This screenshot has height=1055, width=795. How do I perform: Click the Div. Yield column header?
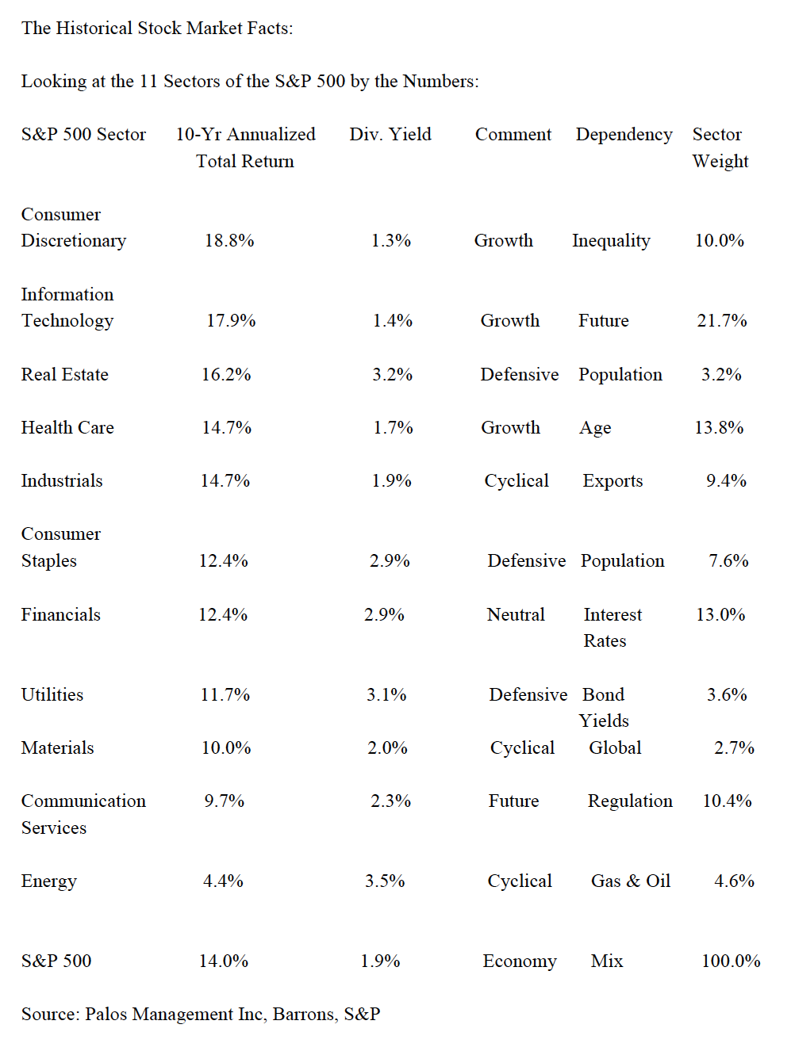tap(390, 135)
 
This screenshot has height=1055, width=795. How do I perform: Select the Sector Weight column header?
tap(720, 147)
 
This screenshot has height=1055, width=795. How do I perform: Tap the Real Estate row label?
tap(64, 375)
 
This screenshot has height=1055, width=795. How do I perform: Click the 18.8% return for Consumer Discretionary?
tap(229, 241)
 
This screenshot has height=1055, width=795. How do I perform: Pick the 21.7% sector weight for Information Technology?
tap(722, 321)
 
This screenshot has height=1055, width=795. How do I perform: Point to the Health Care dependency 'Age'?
tap(595, 428)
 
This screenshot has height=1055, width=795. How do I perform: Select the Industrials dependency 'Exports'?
tap(613, 481)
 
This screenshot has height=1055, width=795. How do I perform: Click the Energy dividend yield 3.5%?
tap(385, 881)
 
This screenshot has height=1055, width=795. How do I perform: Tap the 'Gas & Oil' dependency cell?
tap(631, 881)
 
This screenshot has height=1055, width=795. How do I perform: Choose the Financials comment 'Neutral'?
tap(516, 615)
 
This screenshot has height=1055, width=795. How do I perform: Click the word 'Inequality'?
tap(611, 241)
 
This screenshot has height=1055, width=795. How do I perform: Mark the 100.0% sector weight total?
tap(731, 961)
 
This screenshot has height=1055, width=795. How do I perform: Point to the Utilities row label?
tap(52, 695)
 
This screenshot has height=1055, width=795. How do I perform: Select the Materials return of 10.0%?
tap(226, 748)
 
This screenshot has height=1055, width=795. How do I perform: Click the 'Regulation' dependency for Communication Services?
tap(630, 801)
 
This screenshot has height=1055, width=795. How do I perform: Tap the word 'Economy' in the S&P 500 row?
tap(520, 961)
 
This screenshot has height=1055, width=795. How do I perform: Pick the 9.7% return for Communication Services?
tap(224, 801)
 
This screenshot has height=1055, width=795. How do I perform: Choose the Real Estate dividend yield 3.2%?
tap(392, 375)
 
